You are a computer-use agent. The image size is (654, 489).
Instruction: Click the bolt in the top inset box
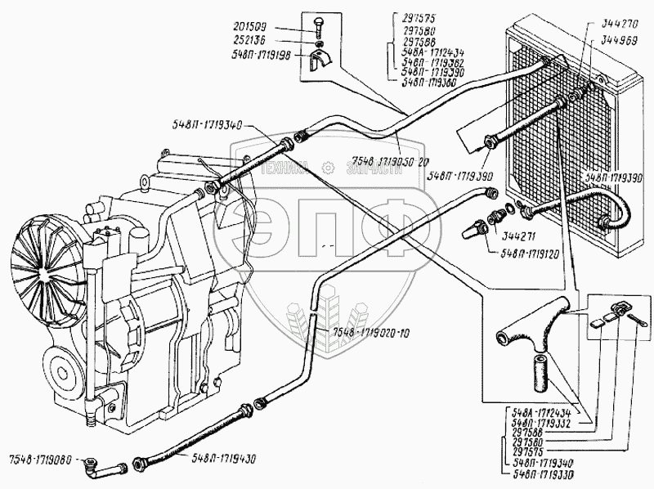[319, 25]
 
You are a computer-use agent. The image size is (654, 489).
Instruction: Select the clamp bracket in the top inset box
[321, 59]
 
